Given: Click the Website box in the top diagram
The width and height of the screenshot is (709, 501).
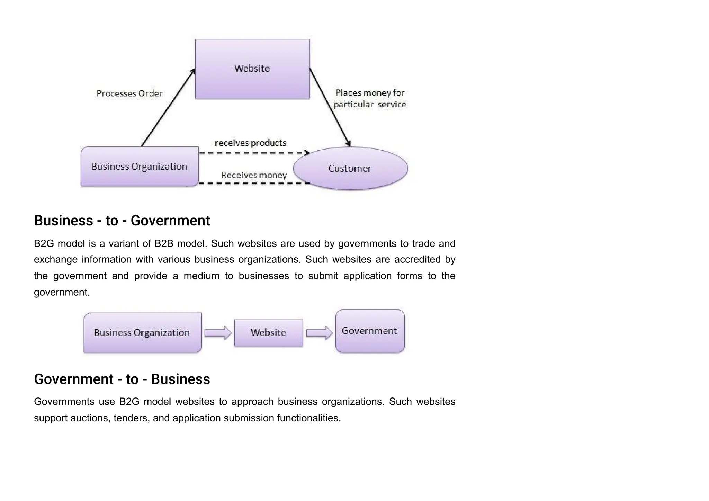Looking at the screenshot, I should point(252,69).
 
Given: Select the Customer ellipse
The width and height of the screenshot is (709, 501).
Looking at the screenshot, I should point(350,169).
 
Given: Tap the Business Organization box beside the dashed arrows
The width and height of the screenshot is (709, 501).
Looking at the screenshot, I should point(140,167).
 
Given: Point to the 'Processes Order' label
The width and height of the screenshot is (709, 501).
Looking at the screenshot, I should point(129,93).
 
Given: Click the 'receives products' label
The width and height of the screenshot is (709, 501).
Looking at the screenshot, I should point(250,143).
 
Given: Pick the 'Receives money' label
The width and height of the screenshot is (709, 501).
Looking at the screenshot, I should point(254,175).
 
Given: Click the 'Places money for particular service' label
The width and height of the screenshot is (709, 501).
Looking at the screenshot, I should point(370,99).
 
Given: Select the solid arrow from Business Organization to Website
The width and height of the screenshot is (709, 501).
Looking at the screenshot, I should point(168,107).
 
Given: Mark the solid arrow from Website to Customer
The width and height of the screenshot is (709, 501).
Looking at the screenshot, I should point(330,107).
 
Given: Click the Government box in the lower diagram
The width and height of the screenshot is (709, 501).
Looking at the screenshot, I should point(370,331).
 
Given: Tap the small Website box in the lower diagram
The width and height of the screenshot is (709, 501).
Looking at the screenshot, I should point(268,333).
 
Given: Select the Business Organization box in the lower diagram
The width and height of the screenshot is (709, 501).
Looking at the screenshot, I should point(142,333).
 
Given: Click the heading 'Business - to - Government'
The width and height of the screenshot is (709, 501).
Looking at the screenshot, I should point(122,221).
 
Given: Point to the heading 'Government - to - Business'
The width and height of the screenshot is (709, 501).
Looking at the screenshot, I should point(122,379).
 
